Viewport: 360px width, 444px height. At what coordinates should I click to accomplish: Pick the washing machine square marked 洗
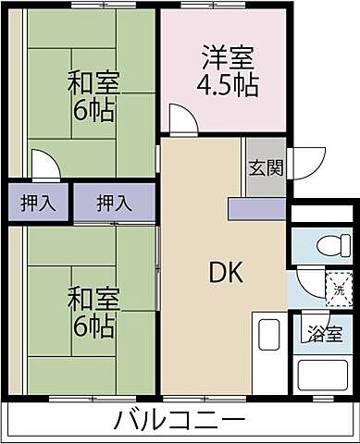[339, 288]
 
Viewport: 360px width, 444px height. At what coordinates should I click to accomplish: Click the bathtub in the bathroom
[323, 375]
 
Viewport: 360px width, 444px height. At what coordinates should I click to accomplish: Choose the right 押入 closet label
[114, 202]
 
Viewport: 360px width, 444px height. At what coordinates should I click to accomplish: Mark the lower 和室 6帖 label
[91, 312]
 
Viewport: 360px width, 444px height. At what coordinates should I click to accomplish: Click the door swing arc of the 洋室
[181, 120]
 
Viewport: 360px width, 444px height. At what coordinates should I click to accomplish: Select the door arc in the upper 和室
[45, 166]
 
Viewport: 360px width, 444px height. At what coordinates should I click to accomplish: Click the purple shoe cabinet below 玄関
[257, 209]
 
